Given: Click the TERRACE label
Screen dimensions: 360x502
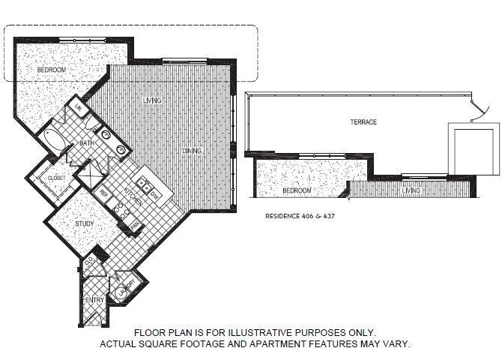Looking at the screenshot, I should pyautogui.click(x=363, y=122).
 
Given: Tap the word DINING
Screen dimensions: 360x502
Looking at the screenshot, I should pyautogui.click(x=192, y=151).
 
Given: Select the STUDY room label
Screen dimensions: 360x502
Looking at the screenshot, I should pyautogui.click(x=84, y=223).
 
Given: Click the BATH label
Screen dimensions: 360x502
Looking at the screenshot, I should pyautogui.click(x=87, y=142).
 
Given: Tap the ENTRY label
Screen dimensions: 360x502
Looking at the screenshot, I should pyautogui.click(x=94, y=300).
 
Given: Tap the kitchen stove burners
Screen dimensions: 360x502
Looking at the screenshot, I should pyautogui.click(x=121, y=211).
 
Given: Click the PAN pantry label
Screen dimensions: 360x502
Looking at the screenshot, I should pyautogui.click(x=134, y=226).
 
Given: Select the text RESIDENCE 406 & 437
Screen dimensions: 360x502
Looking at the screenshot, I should pyautogui.click(x=297, y=215).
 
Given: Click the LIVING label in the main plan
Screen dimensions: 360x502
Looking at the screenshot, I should pyautogui.click(x=153, y=100).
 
